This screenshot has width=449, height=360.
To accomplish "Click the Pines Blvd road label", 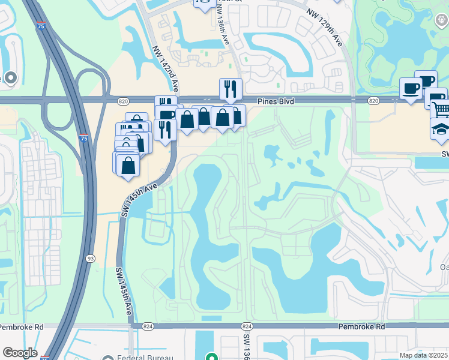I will point(276,102).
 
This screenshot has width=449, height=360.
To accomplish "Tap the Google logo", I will point(20,353).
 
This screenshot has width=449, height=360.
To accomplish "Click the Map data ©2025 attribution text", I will point(423,355).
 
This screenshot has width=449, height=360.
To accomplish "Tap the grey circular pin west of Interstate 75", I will point(10,77).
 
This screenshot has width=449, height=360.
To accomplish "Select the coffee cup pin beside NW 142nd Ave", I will point(167,115).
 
